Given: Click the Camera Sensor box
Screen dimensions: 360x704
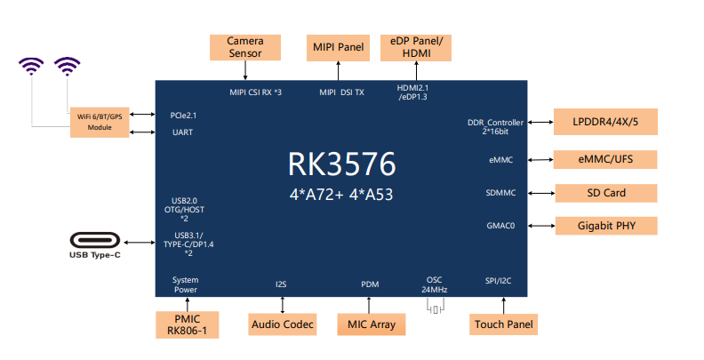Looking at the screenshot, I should tap(244, 47).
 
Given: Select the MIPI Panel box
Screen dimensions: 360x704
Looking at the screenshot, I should tap(339, 47).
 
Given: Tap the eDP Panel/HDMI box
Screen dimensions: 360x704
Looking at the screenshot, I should tap(416, 47).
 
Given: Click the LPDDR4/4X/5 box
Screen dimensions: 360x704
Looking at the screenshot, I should tap(605, 121).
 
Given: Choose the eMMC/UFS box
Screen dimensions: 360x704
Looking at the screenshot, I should tap(605, 160).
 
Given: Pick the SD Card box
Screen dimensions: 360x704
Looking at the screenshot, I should tap(605, 193).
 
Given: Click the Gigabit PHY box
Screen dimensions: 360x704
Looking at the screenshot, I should tap(605, 225).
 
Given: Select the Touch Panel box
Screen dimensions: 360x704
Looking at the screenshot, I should tap(503, 324).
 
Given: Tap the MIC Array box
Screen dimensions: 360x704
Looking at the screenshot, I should tap(371, 324).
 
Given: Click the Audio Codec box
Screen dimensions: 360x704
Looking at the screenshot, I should tap(283, 324).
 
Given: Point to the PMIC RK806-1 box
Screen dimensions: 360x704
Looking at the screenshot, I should tap(186, 324).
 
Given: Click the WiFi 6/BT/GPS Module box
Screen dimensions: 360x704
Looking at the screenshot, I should tap(100, 122).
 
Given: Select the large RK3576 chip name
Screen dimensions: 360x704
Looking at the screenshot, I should tap(342, 164).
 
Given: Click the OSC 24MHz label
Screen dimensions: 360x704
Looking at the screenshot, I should tap(435, 284).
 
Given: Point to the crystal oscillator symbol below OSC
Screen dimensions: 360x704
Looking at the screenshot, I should tap(435, 307).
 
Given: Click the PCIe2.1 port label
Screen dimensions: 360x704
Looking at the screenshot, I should tap(183, 115).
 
